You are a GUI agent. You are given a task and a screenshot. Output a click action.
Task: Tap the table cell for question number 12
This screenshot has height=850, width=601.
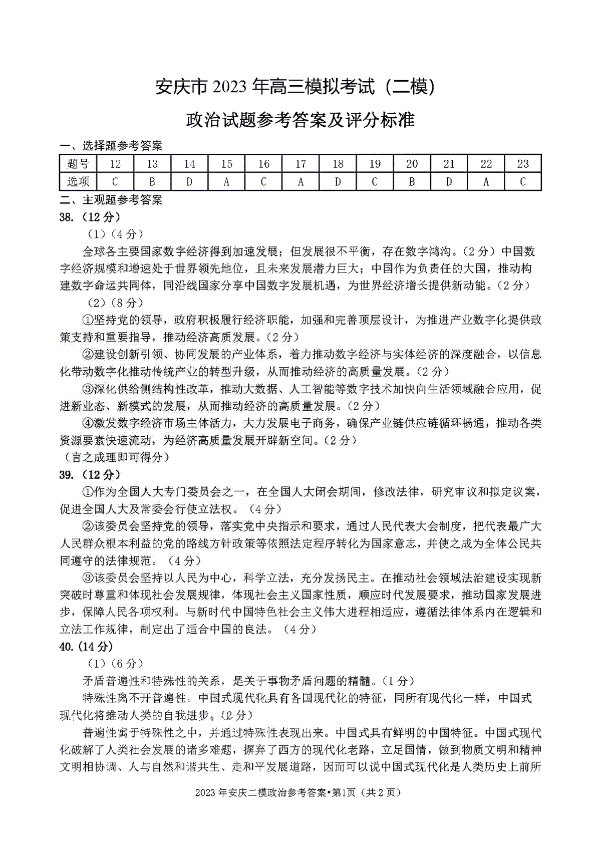tap(115, 164)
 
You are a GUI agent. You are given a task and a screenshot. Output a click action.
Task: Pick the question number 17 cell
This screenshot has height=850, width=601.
tap(300, 164)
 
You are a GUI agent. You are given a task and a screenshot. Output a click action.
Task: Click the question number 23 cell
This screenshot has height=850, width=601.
tap(522, 164)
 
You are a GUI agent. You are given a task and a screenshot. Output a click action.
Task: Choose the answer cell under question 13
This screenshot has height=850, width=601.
tap(152, 181)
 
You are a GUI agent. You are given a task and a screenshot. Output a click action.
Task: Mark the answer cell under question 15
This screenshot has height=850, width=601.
tap(226, 181)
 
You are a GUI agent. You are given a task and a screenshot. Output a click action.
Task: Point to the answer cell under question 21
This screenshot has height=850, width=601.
tap(449, 181)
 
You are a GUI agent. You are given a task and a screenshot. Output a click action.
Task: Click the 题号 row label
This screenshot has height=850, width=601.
tap(78, 164)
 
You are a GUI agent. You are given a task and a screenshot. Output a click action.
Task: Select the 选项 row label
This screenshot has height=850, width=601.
tap(78, 181)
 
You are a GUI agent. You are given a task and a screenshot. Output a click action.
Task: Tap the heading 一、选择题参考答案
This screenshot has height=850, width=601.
tap(111, 146)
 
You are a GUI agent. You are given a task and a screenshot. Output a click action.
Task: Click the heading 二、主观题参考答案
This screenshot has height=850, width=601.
tap(111, 200)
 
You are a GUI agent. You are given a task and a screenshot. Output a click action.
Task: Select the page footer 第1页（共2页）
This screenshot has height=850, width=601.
tap(366, 792)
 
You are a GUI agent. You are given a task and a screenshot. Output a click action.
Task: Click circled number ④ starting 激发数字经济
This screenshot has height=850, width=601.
tap(88, 423)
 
